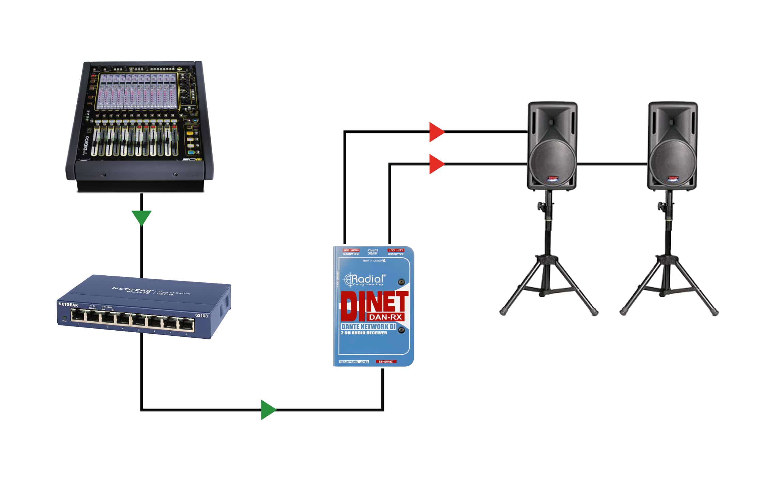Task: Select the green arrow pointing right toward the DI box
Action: [x=268, y=409]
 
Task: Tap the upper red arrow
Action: [x=436, y=132]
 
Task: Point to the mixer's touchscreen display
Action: [x=138, y=91]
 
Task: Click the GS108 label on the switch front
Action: [x=201, y=316]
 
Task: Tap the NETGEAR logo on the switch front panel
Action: [x=68, y=304]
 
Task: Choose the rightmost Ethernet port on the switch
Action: [x=186, y=325]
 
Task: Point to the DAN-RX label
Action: [x=385, y=317]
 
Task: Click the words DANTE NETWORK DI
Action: [x=368, y=326]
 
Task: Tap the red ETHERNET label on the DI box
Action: [x=386, y=362]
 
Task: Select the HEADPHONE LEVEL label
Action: [x=354, y=362]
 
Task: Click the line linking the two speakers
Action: [x=612, y=164]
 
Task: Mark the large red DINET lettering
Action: [x=374, y=304]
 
